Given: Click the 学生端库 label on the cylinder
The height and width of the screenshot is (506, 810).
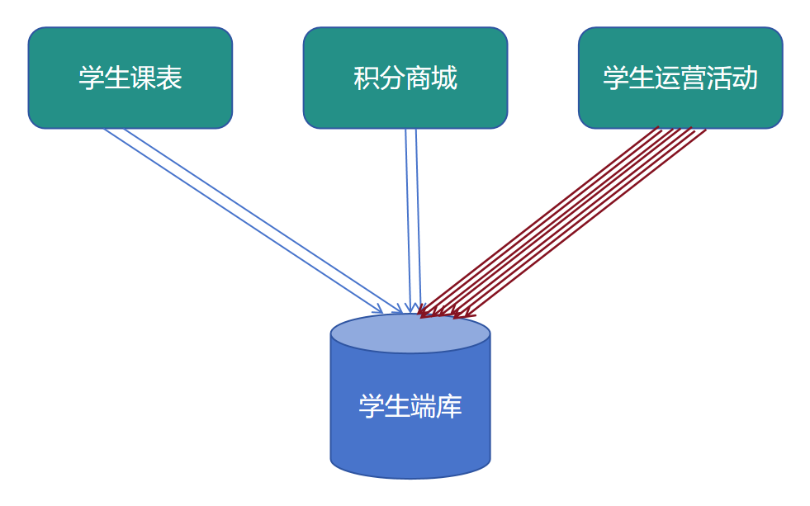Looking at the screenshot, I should coord(410,406).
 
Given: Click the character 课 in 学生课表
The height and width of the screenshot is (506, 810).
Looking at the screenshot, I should coord(143,78).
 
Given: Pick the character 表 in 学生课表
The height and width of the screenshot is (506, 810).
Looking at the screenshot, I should coord(169,78).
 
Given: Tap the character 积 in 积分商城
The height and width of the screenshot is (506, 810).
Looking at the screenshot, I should coord(366,78).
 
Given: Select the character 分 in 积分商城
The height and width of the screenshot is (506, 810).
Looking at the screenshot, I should coord(392,78).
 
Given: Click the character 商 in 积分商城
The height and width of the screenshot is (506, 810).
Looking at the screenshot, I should coord(418,78).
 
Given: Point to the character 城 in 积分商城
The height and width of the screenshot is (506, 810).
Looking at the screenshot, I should coord(444,78).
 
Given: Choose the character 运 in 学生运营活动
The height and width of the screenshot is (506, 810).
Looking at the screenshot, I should coord(667,78).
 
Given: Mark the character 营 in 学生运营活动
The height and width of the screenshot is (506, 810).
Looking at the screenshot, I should coord(693,78).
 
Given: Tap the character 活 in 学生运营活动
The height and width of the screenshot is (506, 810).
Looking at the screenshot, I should coord(719,78).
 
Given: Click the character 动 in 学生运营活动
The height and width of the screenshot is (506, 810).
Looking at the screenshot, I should coord(745,78).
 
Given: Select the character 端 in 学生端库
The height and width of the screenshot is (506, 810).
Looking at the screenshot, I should coord(424,406).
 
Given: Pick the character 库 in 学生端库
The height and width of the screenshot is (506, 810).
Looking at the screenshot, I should coord(450,406).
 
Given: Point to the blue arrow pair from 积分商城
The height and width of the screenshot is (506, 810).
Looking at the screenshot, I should coord(413,219).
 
